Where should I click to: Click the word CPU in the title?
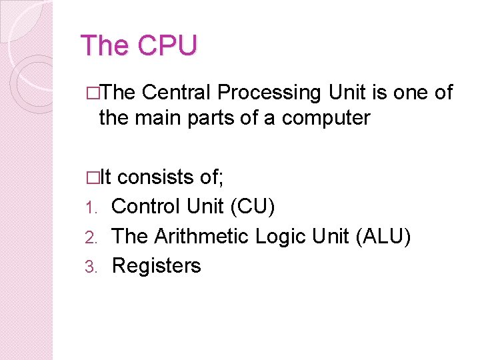pyautogui.click(x=167, y=45)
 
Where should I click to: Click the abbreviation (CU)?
pyautogui.click(x=252, y=207)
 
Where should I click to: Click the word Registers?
pyautogui.click(x=156, y=265)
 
